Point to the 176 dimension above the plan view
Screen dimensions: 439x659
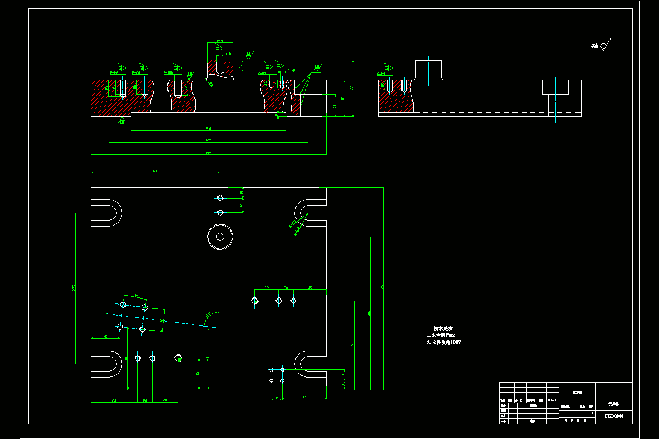click(155, 171)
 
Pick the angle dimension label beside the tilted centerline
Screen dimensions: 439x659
click(209, 315)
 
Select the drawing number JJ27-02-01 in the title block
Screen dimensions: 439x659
click(613, 417)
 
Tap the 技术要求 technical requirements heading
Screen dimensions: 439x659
click(443, 328)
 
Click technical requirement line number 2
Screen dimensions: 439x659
click(444, 342)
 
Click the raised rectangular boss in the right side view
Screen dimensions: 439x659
click(428, 70)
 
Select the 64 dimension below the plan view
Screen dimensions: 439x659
click(114, 401)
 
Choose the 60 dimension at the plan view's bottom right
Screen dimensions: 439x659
click(305, 398)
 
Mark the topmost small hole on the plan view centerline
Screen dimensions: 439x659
click(220, 198)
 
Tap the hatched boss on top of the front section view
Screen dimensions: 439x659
click(220, 68)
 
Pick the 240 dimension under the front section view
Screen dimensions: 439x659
click(209, 129)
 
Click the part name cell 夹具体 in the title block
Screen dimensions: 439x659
click(613, 403)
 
